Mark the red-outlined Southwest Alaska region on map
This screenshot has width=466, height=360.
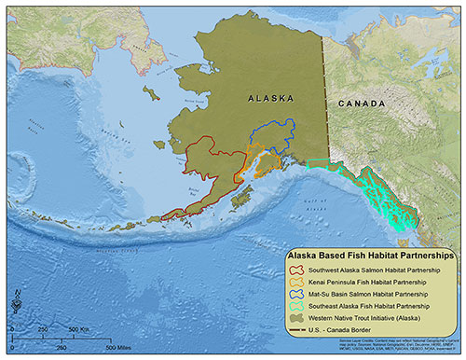(210, 173)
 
